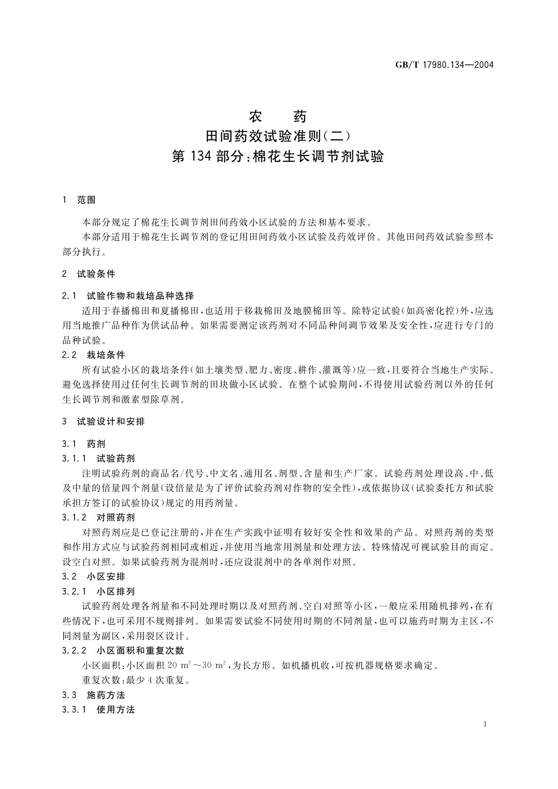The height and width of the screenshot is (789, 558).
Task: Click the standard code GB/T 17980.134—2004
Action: click(445, 65)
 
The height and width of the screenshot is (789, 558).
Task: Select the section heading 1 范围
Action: click(79, 200)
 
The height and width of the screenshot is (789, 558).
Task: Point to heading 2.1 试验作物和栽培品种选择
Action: click(127, 296)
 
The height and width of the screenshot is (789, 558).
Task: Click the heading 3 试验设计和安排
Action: click(103, 422)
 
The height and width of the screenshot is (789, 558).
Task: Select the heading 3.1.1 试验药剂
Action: click(98, 458)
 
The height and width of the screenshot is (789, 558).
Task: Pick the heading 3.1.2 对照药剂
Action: click(98, 518)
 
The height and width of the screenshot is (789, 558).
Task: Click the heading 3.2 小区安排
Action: click(93, 577)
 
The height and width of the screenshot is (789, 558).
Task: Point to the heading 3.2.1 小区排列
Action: click(98, 592)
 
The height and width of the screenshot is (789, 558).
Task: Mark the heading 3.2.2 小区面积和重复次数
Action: click(123, 651)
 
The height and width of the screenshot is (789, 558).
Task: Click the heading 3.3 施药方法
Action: click(93, 695)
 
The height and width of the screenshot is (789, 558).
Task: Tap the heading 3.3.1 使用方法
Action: click(98, 710)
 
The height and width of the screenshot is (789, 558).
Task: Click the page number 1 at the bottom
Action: click(485, 724)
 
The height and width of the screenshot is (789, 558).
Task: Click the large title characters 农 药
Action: click(278, 115)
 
